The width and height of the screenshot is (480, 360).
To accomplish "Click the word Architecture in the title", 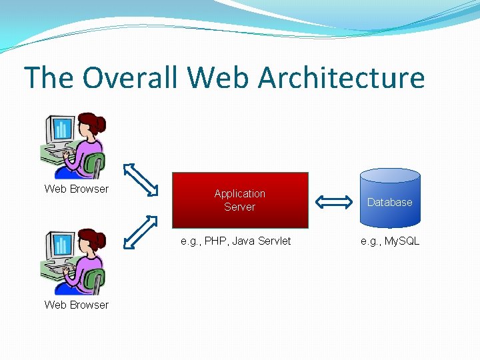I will point(341,77).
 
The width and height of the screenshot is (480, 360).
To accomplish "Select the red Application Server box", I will point(240,200).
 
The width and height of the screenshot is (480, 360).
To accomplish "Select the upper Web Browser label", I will point(76,189).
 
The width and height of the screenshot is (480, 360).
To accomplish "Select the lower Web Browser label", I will point(76,305).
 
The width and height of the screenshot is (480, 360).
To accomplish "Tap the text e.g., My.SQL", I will point(390,241).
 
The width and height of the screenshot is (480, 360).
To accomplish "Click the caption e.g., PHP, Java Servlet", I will point(236,241).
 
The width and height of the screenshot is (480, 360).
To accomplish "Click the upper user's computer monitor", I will point(59,130).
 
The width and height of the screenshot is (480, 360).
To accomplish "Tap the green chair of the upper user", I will point(96,166).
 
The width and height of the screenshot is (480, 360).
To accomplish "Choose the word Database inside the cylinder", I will point(390,202).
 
